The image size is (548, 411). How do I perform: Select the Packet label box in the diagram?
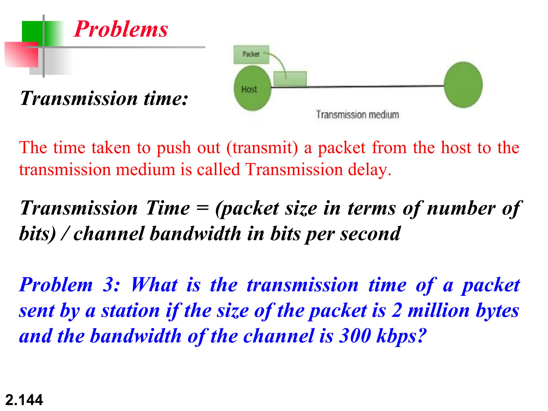251,54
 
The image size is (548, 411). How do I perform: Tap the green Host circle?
252,88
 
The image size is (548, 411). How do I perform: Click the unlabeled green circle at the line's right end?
463,85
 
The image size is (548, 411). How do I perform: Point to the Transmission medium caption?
357,115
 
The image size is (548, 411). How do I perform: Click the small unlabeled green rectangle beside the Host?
290,78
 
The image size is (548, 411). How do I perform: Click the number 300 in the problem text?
355,336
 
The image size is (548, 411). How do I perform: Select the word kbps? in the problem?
401,336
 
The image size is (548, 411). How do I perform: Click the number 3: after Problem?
111,285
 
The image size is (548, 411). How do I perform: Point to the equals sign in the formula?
202,208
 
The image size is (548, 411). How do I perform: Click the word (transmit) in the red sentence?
262,148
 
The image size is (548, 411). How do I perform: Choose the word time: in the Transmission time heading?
166,98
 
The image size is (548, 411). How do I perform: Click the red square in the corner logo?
21,55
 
